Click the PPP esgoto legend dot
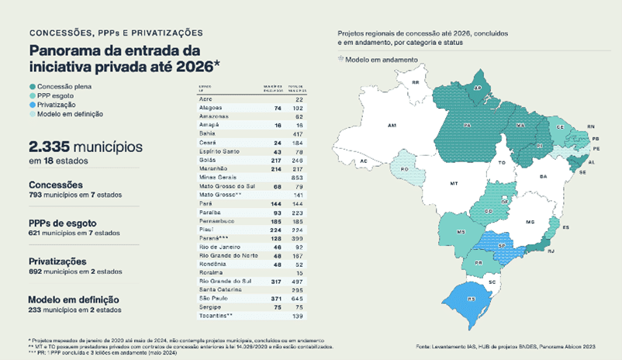(32, 95)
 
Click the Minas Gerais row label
(218, 177)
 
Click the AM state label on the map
(392, 124)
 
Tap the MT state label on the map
(454, 184)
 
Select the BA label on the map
(543, 178)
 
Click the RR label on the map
(416, 81)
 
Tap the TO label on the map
(502, 163)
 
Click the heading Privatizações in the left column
(58, 261)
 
